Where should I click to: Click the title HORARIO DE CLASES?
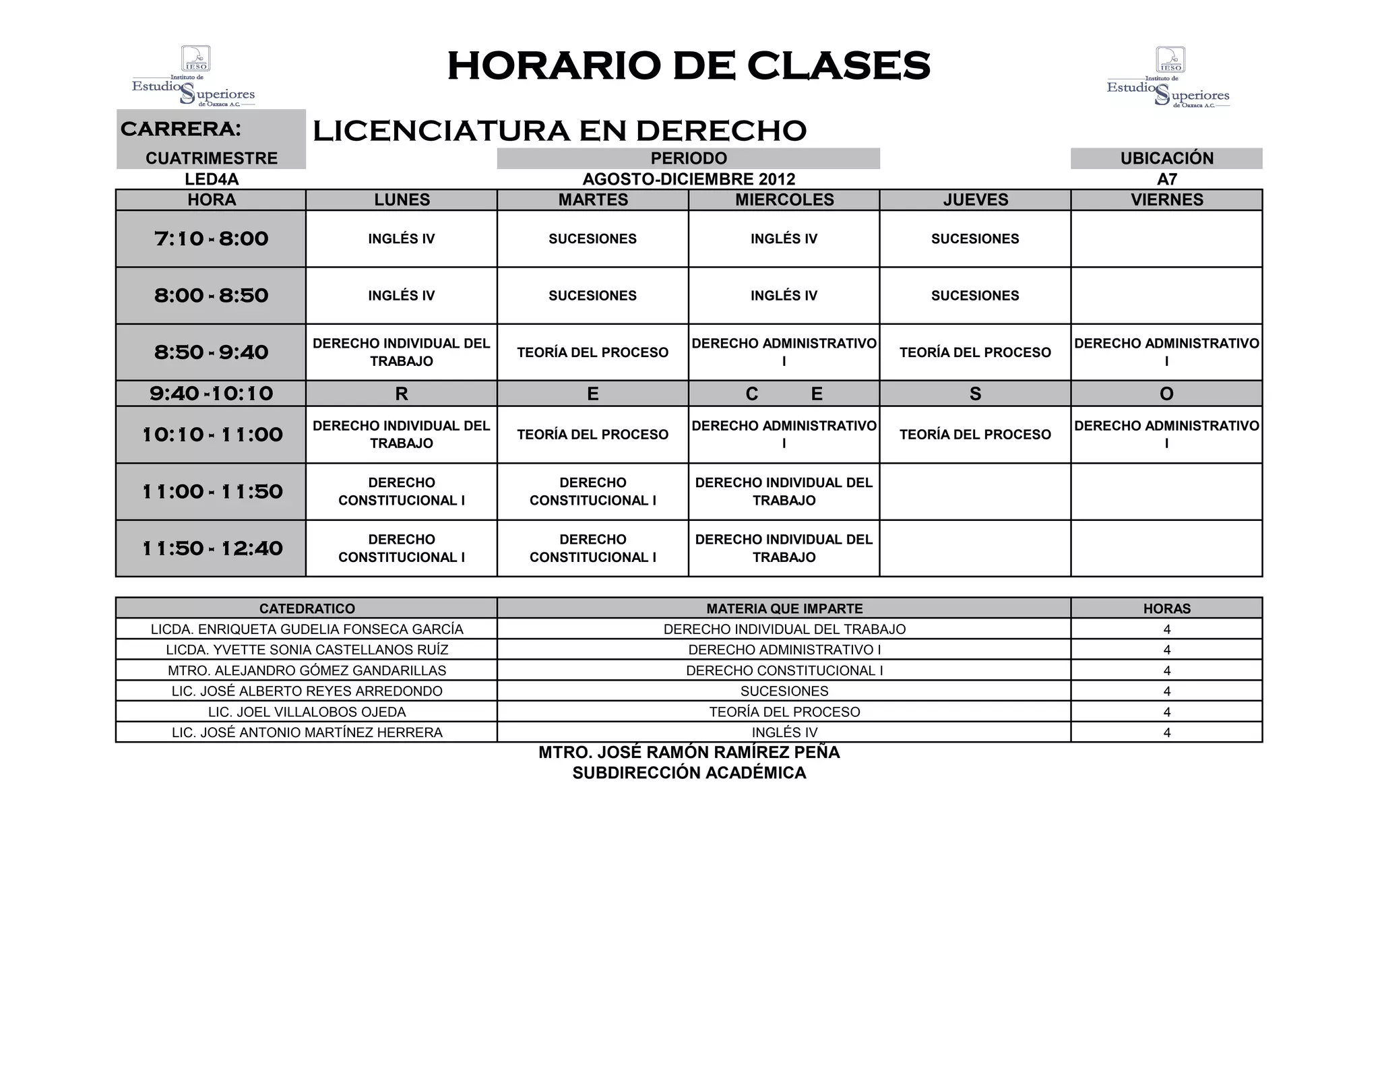point(689,66)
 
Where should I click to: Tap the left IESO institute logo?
point(194,76)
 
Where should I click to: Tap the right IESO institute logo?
point(1169,77)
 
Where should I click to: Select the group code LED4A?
point(212,179)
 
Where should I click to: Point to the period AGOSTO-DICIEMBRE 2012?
point(689,179)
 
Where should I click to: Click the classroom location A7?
point(1166,179)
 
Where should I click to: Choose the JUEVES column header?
point(975,200)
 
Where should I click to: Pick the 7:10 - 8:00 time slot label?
point(211,239)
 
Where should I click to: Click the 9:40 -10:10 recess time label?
point(211,394)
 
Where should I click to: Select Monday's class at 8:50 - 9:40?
point(402,352)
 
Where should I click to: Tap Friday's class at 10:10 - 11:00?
point(1166,435)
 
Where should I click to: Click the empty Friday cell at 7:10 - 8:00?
point(1166,239)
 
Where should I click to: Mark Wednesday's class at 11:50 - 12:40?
point(784,548)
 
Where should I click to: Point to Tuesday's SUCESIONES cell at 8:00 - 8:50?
point(592,296)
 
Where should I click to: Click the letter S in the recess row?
point(975,394)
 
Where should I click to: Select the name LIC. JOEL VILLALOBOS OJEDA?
point(307,712)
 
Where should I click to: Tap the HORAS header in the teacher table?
point(1166,608)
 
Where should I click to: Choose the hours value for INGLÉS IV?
point(1166,733)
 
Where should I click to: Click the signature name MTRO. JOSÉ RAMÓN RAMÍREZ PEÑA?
point(689,753)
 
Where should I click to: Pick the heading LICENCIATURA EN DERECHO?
point(559,131)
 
